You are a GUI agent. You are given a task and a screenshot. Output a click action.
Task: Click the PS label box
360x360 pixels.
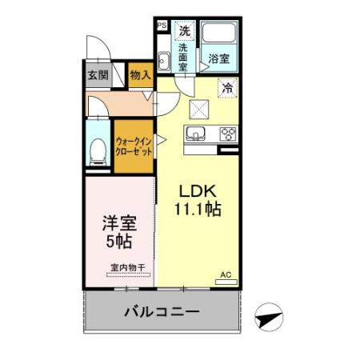pos(162,25)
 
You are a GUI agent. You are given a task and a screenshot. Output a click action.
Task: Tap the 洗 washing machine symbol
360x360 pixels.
pos(184,32)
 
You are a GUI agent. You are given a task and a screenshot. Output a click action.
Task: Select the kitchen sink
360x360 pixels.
pos(196,133)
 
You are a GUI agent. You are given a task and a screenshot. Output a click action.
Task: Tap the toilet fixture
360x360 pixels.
pos(99,151)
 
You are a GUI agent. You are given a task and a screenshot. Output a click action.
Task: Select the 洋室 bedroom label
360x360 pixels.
pos(117,223)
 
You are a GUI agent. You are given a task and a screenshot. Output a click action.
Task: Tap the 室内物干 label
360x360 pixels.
pos(123,268)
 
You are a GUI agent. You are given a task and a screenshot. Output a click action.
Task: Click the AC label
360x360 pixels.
pos(226,274)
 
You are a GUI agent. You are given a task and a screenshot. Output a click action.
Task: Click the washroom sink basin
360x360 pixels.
pos(163,61)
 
